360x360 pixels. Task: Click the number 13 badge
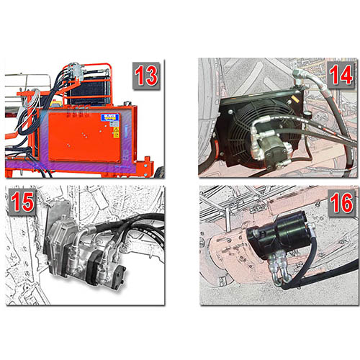[x=146, y=76]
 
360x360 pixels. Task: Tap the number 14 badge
[x=341, y=75]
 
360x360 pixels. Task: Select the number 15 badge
[x=22, y=202]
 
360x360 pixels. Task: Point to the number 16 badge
[x=341, y=203]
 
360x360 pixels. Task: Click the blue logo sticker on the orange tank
[x=109, y=117]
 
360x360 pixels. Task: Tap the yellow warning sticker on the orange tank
[x=116, y=132]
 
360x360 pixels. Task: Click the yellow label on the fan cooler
[x=293, y=98]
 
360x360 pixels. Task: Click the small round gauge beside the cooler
[x=307, y=113]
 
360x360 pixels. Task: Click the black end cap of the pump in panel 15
[x=117, y=276]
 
